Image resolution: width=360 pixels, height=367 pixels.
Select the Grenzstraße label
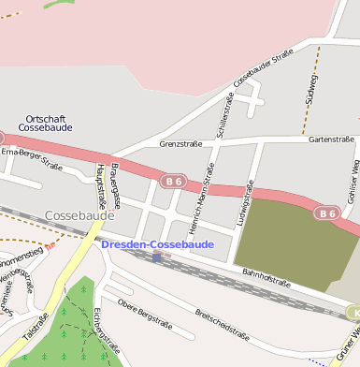click(x=181, y=145)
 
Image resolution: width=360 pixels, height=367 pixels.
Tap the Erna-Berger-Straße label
click(x=31, y=158)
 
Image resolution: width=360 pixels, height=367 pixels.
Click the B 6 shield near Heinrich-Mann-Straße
click(x=170, y=180)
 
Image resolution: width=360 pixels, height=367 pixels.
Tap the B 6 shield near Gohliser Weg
click(x=324, y=213)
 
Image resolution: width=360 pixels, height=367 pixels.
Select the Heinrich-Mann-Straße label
click(x=199, y=199)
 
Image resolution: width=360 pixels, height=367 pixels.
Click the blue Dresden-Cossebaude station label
click(x=157, y=244)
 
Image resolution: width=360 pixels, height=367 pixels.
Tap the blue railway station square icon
click(x=157, y=257)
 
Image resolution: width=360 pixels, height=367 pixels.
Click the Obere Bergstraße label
click(x=149, y=308)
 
